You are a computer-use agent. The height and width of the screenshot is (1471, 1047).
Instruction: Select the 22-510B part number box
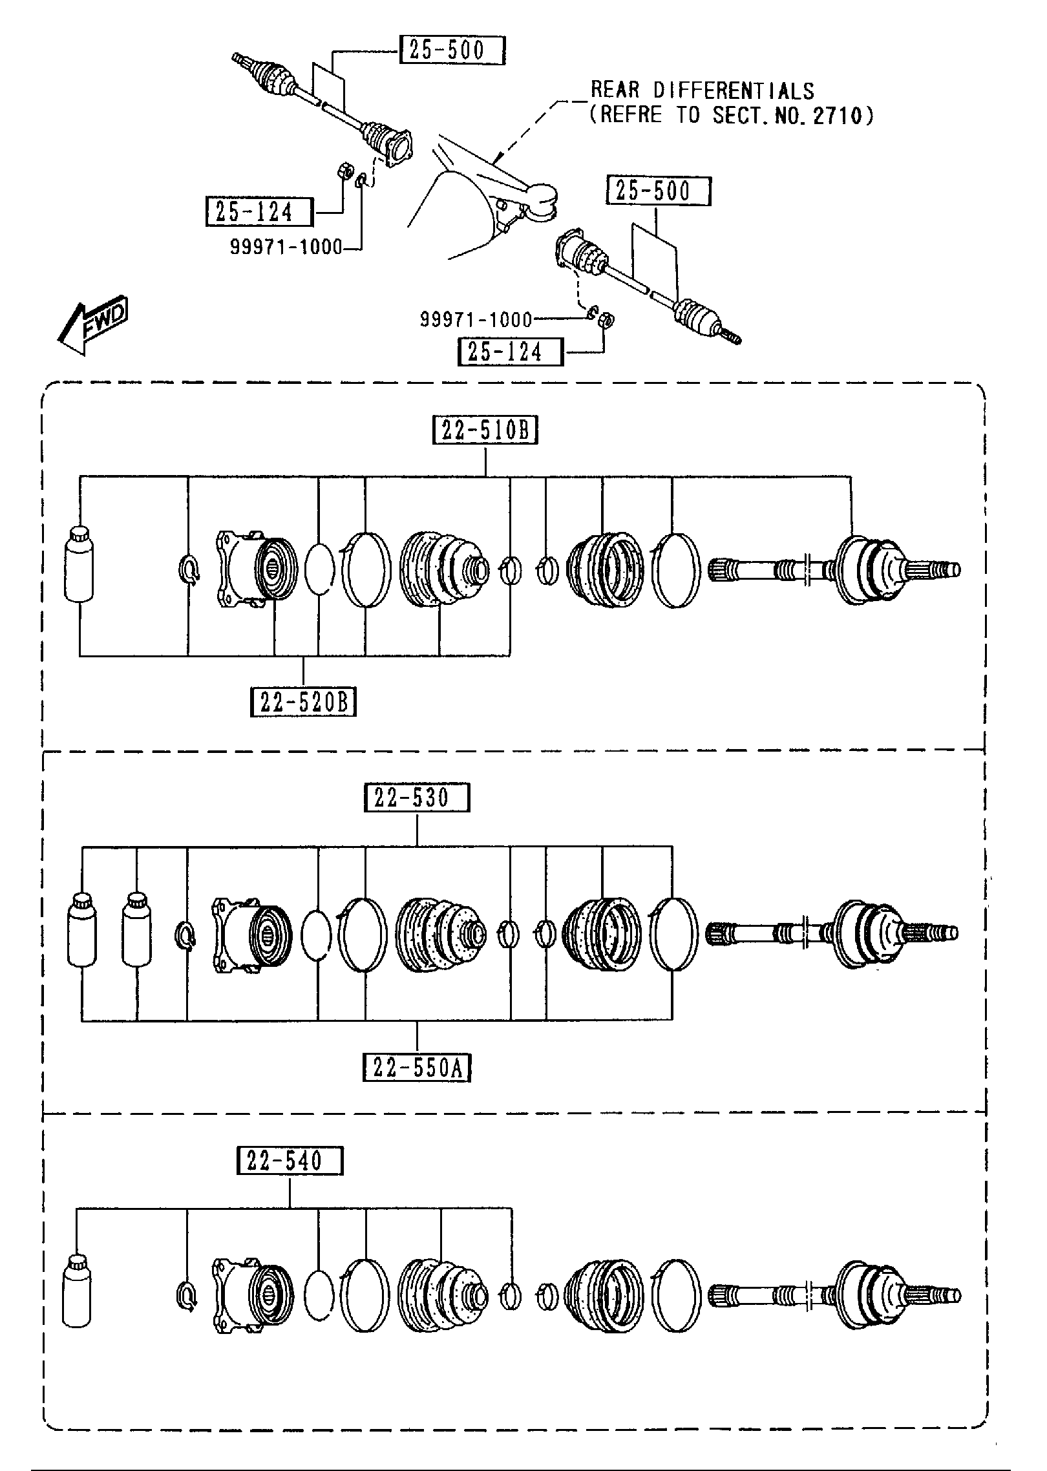(x=485, y=431)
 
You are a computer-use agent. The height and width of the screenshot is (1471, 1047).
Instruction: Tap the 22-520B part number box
(x=303, y=703)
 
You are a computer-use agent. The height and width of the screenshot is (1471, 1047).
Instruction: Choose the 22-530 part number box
(x=417, y=798)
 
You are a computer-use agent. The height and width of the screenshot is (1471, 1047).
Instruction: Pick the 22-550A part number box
(x=417, y=1068)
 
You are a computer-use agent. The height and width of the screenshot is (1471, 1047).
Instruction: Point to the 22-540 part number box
(x=290, y=1161)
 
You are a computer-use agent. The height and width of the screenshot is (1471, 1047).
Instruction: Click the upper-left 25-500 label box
(x=452, y=50)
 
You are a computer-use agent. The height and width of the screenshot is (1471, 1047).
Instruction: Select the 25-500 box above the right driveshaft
(x=658, y=191)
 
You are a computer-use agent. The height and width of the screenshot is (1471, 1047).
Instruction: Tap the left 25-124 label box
(x=259, y=212)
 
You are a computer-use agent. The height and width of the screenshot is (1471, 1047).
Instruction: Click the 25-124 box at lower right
(x=510, y=352)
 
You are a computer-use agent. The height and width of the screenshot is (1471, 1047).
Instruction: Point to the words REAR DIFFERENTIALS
(x=703, y=90)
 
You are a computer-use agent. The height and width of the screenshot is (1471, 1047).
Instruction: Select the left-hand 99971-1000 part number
(x=286, y=248)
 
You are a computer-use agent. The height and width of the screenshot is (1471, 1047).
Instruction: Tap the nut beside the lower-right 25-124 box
(x=606, y=319)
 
